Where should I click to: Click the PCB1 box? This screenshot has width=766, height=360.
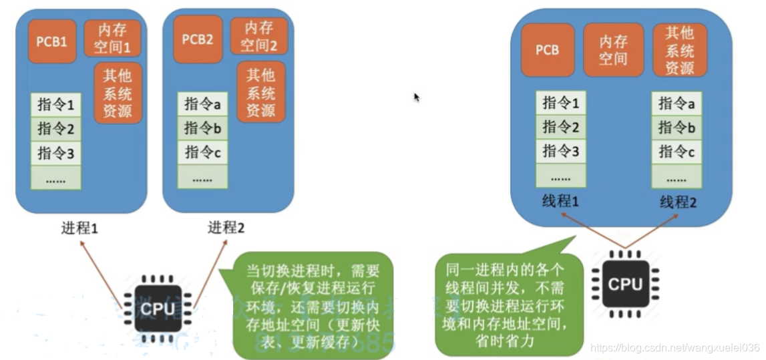52,41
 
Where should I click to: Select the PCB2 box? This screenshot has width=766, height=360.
198,39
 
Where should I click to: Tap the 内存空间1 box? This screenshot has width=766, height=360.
112,37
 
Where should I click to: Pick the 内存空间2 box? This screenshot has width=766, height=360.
258,36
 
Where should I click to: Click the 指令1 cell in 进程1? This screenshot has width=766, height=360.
55,105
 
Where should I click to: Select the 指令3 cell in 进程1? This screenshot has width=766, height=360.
55,153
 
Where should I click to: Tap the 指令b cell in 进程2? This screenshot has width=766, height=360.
202,128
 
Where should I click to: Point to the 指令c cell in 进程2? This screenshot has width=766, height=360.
202,152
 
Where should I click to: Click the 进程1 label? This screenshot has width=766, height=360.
79,228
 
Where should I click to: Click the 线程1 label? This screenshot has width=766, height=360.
560,200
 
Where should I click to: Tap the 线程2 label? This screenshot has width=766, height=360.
677,200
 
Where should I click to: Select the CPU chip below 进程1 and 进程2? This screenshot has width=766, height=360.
158,308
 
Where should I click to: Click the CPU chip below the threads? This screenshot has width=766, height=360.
624,283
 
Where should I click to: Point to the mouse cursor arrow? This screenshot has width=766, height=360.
416,97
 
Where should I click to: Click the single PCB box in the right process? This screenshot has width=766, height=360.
547,50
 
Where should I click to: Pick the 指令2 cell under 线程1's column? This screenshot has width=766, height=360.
560,127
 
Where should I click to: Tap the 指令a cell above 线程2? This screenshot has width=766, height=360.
677,103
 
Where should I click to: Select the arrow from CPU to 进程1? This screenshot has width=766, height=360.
100,271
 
